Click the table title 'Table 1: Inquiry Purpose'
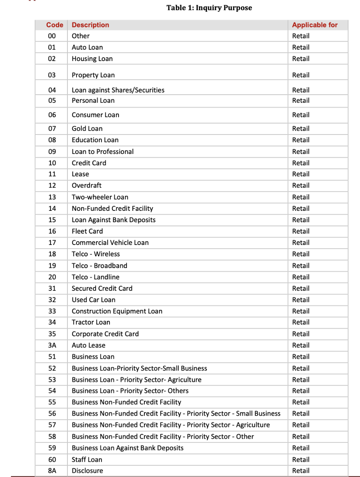(x=209, y=8)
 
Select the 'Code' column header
(x=55, y=25)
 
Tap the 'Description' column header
(x=90, y=25)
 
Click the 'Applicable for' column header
(x=315, y=25)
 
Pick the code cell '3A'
(x=52, y=345)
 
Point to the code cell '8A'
(x=52, y=471)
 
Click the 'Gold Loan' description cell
(x=87, y=129)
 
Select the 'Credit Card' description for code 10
(x=89, y=163)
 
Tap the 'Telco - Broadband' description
(x=99, y=266)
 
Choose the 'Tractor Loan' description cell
(x=91, y=322)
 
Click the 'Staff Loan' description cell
(x=87, y=460)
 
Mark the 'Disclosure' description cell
(x=87, y=471)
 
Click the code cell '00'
(x=52, y=36)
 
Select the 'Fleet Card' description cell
(x=87, y=231)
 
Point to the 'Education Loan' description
(x=95, y=140)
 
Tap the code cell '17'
(x=52, y=243)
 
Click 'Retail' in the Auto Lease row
(x=301, y=345)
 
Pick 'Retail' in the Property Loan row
(x=301, y=75)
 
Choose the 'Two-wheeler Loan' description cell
(x=100, y=197)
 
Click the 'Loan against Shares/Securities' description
(x=118, y=90)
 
